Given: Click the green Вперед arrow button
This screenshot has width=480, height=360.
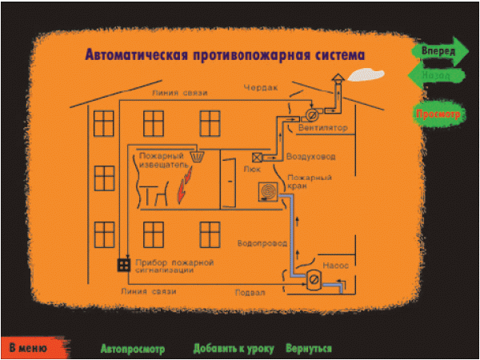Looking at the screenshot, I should click(439, 50).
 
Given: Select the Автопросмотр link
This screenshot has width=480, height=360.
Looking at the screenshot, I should click(133, 349).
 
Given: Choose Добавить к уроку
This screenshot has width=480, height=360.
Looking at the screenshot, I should click(234, 349).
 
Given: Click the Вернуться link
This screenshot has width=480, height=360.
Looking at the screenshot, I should click(310, 349).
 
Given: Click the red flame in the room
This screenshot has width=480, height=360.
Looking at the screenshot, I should click(183, 191).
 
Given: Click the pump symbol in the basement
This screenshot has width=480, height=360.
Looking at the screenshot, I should click(314, 279).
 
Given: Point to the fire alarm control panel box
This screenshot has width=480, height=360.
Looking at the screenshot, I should click(124, 263).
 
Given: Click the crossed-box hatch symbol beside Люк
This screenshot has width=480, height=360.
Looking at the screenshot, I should click(258, 157).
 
